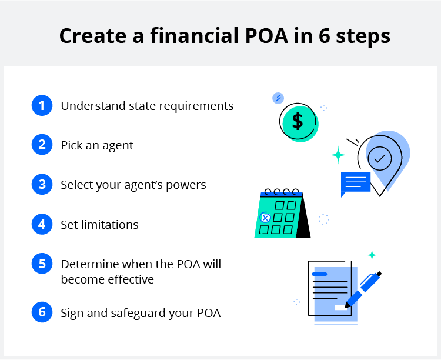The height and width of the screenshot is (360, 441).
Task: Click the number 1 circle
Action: [42, 106]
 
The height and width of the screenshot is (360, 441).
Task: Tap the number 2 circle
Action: [42, 145]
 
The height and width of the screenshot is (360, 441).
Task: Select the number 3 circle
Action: [42, 185]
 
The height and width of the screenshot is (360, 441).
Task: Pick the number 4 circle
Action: [42, 224]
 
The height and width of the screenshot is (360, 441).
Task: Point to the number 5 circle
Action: [42, 264]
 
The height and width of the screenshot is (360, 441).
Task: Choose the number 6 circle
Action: [42, 312]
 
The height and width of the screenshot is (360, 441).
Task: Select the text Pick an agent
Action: [97, 145]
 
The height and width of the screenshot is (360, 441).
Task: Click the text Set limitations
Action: [99, 224]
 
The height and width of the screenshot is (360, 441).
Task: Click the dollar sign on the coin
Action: [298, 122]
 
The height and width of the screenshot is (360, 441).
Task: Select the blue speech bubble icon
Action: [355, 184]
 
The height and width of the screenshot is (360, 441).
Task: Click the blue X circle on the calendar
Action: [265, 218]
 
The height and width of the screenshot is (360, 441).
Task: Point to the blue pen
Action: [362, 289]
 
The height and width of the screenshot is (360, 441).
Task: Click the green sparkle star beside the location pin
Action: [338, 155]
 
